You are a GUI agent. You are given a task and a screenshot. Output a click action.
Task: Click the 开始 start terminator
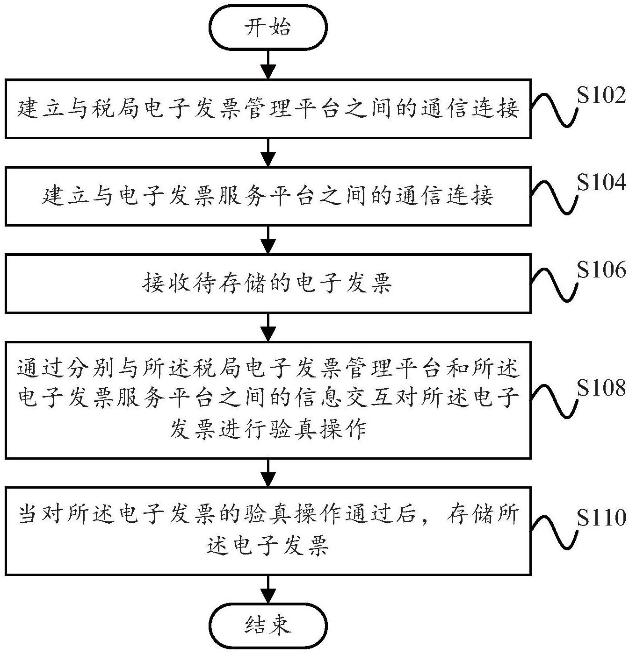268,28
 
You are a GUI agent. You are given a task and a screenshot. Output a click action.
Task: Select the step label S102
600,96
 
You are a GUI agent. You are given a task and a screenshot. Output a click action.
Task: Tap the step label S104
600,183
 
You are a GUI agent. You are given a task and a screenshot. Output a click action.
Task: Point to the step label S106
600,270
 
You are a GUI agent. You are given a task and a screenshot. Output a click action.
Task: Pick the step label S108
600,388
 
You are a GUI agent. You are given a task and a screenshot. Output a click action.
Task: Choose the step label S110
600,518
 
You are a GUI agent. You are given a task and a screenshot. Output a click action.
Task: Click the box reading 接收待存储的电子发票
268,283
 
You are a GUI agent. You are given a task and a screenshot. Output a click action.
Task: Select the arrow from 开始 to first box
268,64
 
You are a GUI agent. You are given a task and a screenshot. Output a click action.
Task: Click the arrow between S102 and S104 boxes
268,152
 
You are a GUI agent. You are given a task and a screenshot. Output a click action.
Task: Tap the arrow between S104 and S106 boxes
268,240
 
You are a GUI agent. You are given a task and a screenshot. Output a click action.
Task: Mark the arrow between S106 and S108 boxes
268,327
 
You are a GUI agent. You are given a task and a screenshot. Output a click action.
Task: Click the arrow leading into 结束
268,590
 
